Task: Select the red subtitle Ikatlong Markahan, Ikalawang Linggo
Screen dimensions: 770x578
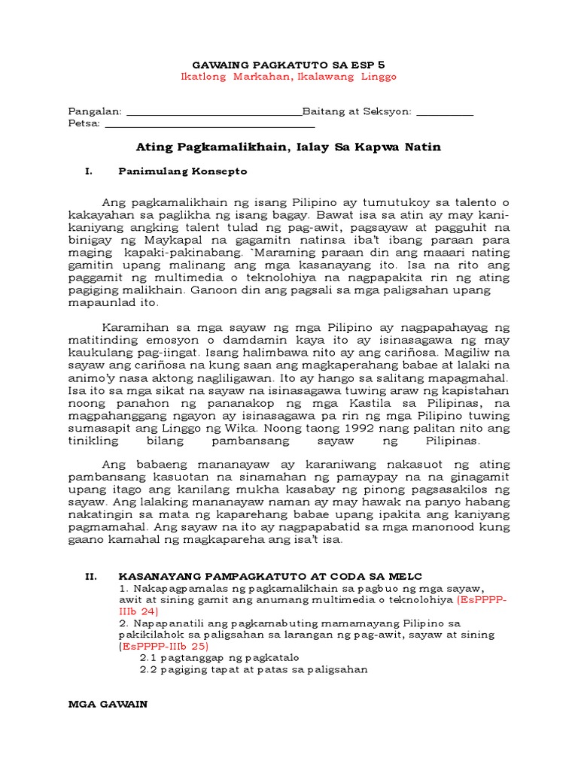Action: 289,77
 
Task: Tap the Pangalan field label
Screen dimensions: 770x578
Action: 96,111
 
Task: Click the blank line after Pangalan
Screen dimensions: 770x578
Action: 214,113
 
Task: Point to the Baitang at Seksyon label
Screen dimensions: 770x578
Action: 357,111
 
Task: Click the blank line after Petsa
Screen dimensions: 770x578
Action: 199,125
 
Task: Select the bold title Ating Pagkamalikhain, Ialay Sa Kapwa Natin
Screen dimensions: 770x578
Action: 289,147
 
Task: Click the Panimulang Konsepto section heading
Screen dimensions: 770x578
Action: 182,171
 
